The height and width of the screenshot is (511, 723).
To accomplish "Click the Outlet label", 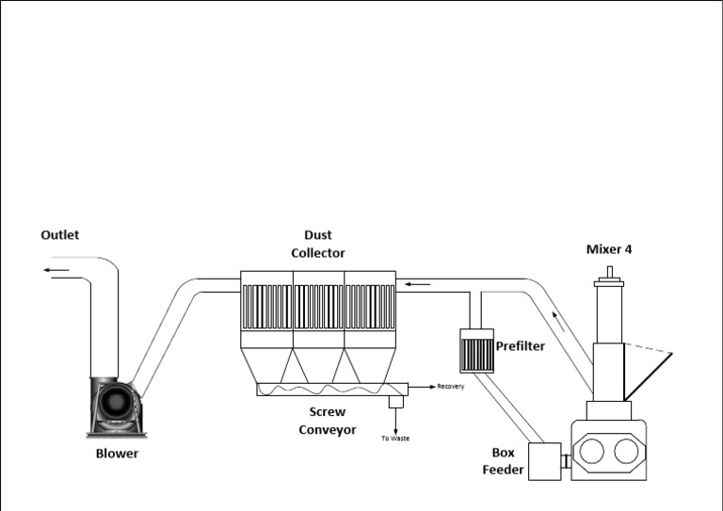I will coord(59,235).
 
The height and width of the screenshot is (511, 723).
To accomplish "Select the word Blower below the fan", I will coord(117,454).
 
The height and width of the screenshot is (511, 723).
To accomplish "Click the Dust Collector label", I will coord(318,244).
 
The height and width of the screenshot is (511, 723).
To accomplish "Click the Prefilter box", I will coord(474,349).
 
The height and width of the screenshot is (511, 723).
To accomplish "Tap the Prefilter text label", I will coord(521,346).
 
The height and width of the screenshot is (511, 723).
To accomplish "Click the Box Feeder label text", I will coord(503,461).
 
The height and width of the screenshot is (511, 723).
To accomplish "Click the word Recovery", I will coord(451,387).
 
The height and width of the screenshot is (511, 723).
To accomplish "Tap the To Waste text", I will coord(395,439).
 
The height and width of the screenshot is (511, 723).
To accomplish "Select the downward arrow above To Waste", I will coord(395,421).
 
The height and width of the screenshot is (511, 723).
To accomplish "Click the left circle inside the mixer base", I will coord(591,452).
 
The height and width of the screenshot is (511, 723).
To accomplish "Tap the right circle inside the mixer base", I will coord(626,452).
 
